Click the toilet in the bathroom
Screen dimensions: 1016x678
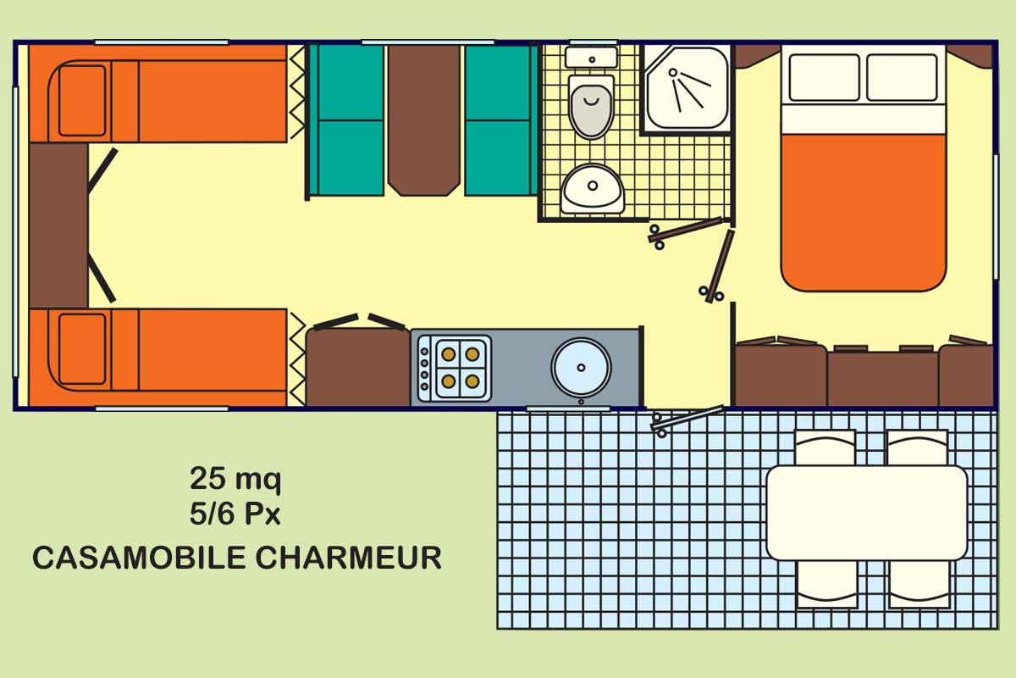coord(591,107)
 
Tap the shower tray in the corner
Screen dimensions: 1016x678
coord(687,89)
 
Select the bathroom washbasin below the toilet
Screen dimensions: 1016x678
coord(593,189)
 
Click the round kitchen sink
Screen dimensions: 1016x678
coord(581,367)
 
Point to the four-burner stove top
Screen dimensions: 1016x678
coord(455,369)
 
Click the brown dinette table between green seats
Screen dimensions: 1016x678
coord(424,120)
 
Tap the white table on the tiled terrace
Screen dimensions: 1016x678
coord(867,513)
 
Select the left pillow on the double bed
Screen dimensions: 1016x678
coord(824,77)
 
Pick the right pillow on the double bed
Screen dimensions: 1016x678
coord(902,77)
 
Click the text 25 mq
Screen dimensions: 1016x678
coord(235,479)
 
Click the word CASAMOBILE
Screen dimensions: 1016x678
coord(139,558)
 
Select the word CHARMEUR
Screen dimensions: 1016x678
coord(348,558)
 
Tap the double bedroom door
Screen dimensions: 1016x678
coord(717,267)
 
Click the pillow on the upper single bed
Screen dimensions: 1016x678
coord(83,100)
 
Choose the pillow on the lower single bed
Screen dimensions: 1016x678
coord(83,349)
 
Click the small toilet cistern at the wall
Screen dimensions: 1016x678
coord(592,58)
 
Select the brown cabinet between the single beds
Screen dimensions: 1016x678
coord(58,225)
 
